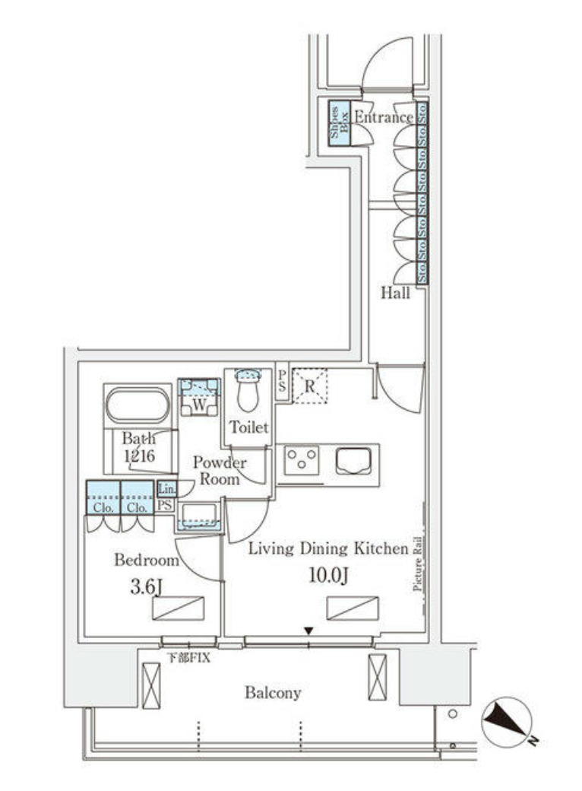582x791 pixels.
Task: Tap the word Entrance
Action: tap(384, 117)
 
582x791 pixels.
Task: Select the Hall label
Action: tap(396, 294)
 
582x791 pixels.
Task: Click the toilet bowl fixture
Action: tap(248, 392)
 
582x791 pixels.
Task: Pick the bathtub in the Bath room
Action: tap(138, 405)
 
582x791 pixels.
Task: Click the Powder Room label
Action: tap(219, 471)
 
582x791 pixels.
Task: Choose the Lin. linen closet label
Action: tap(166, 490)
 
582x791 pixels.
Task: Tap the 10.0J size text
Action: tap(330, 576)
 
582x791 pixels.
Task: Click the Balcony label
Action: tap(273, 693)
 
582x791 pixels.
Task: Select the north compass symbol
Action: tap(505, 720)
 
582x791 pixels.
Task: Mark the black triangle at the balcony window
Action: tap(308, 631)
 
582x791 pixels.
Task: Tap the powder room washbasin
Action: tap(198, 514)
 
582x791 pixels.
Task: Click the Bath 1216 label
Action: tap(139, 447)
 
